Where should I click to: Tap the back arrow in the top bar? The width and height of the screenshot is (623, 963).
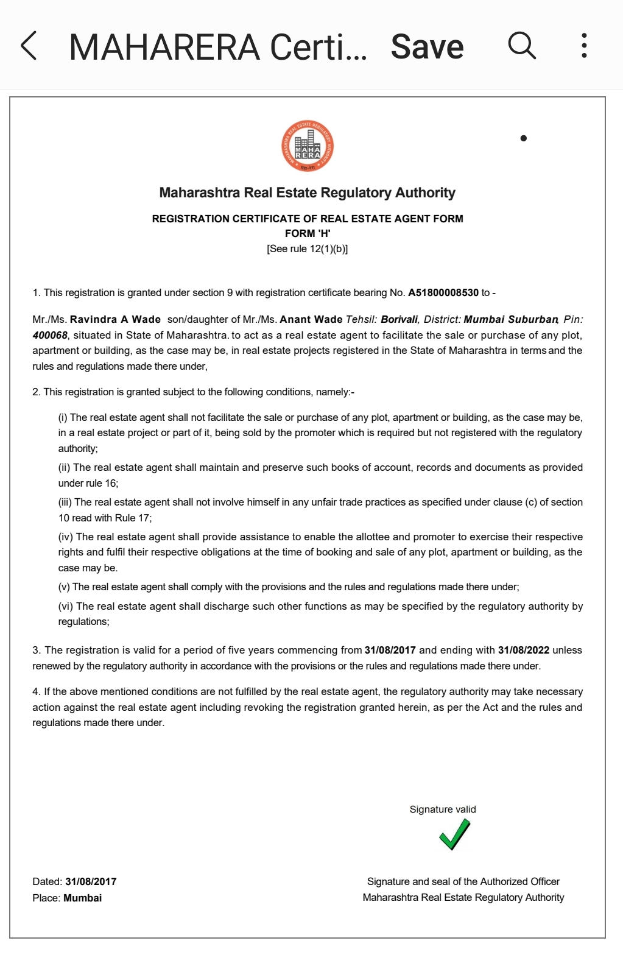(29, 46)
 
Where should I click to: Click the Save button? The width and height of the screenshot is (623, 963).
(427, 47)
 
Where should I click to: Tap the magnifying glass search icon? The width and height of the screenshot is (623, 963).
(522, 46)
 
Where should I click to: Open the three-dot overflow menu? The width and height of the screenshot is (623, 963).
(584, 46)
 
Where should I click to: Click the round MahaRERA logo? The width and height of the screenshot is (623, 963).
(308, 146)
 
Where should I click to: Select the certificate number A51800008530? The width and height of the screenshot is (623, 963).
(443, 293)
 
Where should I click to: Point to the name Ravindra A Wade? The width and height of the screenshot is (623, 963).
(115, 320)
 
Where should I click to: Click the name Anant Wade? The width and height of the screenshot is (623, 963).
(311, 320)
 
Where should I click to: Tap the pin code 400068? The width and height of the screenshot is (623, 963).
(50, 336)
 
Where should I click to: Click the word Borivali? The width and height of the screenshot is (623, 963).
(399, 320)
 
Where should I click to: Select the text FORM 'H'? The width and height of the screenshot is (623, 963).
(308, 233)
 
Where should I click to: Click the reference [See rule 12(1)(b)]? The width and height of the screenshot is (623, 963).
(308, 249)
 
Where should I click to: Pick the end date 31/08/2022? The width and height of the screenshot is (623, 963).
(523, 651)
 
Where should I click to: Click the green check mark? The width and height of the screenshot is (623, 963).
(454, 834)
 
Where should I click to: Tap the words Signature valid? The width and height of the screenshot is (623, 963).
(443, 810)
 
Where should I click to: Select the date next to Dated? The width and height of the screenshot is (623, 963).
(91, 882)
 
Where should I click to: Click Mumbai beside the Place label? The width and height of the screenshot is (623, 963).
(82, 898)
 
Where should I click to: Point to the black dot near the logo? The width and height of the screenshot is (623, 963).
(523, 138)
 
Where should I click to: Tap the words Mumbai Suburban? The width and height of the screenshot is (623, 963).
(510, 320)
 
